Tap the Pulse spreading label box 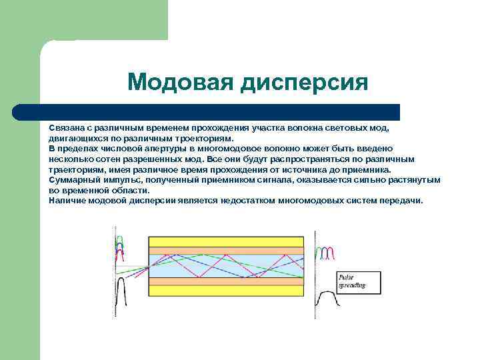point(359,282)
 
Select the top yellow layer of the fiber point(225,241)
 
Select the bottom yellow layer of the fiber point(225,291)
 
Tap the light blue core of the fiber point(225,265)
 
